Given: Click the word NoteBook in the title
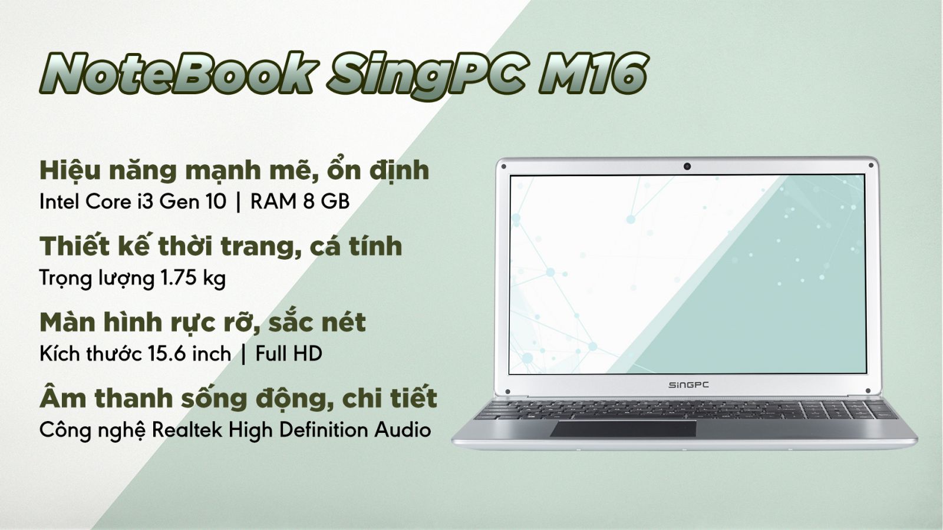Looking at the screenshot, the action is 179,74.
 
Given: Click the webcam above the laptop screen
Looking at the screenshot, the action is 687,166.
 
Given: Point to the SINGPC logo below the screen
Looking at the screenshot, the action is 689,385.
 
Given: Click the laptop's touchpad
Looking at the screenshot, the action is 623,429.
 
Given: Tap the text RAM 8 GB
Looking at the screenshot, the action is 300,202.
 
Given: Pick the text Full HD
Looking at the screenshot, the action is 289,354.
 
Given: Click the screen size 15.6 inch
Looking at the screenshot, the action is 189,354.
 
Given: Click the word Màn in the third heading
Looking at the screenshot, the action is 68,322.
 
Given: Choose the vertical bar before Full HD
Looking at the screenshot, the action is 244,355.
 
